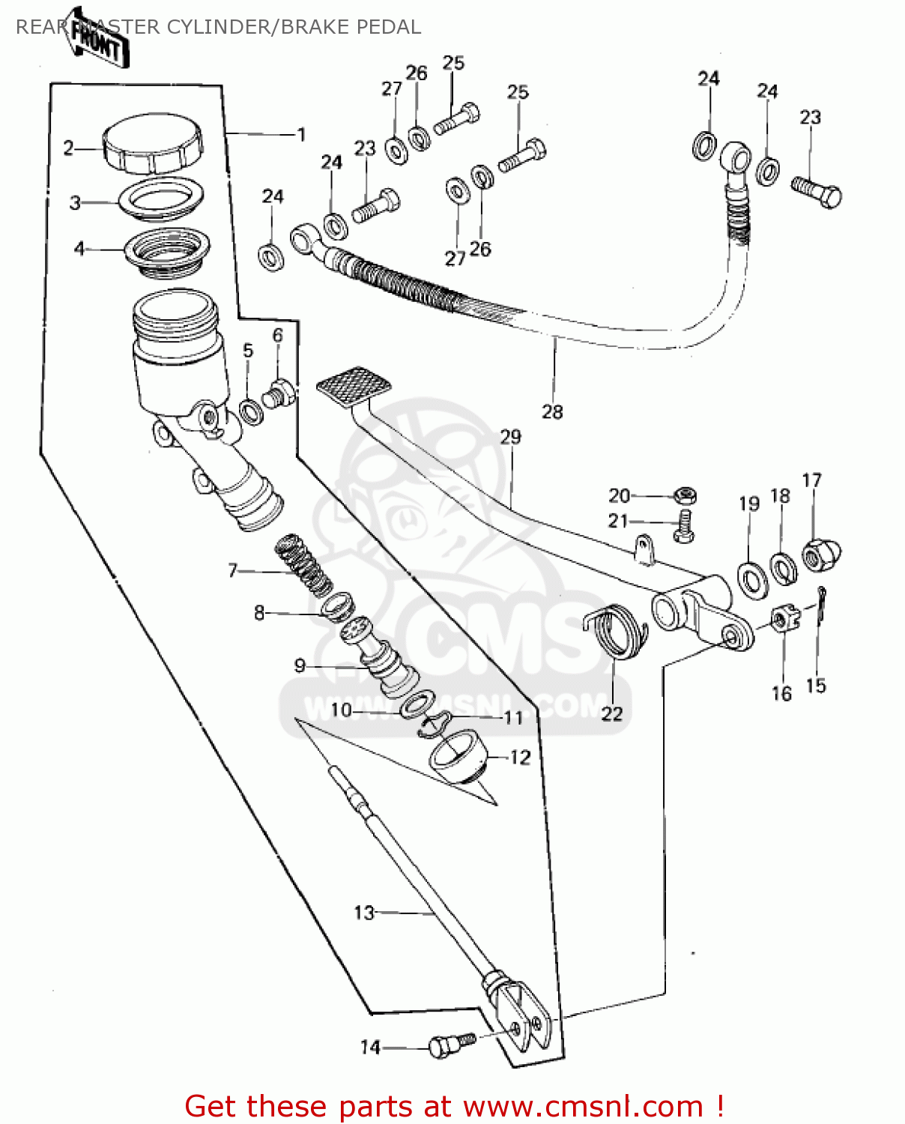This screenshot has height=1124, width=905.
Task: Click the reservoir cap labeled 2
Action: (x=152, y=143)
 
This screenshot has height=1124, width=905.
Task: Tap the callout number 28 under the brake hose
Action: (x=552, y=411)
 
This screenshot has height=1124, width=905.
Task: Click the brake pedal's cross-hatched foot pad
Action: (x=353, y=387)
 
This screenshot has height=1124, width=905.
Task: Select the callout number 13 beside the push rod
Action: (x=363, y=912)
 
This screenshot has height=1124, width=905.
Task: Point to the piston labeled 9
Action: (x=380, y=657)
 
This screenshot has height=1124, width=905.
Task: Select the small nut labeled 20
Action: (x=684, y=495)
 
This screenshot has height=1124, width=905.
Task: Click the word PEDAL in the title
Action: (x=388, y=27)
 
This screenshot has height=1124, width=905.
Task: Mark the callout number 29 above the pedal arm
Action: (x=510, y=436)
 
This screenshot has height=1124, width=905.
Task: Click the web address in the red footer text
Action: (x=583, y=1107)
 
